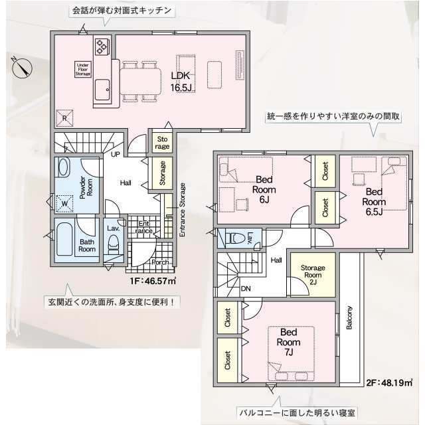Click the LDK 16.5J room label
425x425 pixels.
181,81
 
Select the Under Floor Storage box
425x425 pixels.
83,69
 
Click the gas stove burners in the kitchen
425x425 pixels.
102,46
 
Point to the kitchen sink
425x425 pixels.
102,90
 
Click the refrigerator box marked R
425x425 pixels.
64,118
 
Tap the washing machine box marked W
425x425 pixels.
64,204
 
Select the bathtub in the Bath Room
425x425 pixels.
65,239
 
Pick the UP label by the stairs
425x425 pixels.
116,154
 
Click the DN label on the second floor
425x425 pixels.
246,289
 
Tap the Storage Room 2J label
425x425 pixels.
313,275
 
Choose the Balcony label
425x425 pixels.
349,317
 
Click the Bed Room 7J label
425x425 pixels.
288,342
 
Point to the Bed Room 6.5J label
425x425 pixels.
374,202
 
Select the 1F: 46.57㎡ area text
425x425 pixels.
153,281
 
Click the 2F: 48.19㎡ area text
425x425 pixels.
390,382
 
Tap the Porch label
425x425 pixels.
160,262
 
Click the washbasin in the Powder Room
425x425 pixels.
64,167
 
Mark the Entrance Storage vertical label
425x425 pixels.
183,210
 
